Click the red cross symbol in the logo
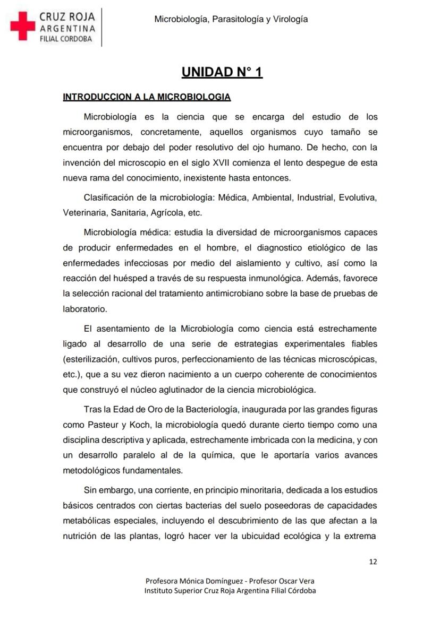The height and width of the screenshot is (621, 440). pyautogui.click(x=22, y=27)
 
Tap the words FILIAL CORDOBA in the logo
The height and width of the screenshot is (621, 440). pyautogui.click(x=66, y=39)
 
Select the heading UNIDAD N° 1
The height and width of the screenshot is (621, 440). pyautogui.click(x=222, y=72)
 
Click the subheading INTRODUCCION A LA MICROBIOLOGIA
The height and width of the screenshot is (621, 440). pyautogui.click(x=147, y=97)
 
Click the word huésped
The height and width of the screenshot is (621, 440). pyautogui.click(x=141, y=277)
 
